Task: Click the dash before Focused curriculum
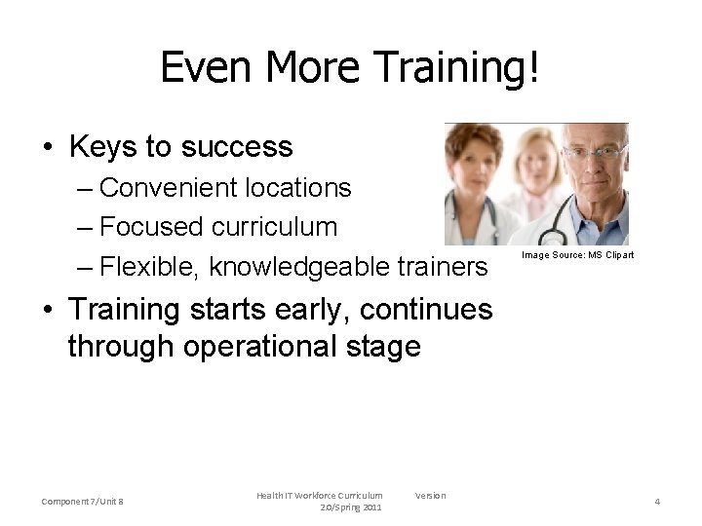(x=86, y=228)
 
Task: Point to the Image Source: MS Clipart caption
(x=577, y=255)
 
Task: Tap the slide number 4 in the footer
(x=657, y=502)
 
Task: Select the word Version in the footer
(x=430, y=496)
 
